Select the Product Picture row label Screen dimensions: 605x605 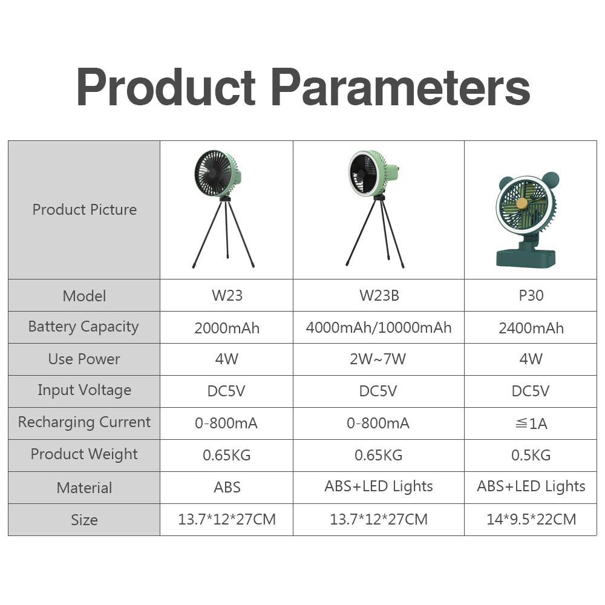click(x=84, y=210)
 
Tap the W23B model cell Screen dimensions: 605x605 click(x=379, y=296)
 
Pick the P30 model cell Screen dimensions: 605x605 click(x=531, y=296)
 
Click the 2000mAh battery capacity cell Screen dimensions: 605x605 click(x=227, y=328)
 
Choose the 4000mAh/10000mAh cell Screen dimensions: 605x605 click(x=379, y=328)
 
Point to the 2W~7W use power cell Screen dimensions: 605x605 click(x=379, y=359)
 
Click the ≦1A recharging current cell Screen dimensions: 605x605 click(x=531, y=423)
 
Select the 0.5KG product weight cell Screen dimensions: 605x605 click(x=531, y=455)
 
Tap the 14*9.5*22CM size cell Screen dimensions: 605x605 click(x=531, y=519)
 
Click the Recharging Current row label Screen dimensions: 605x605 click(x=84, y=422)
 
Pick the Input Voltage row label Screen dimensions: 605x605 click(x=84, y=390)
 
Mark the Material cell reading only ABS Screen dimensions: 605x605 click(x=227, y=487)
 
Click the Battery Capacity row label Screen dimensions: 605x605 click(x=84, y=327)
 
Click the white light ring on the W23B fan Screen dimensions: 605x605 click(x=352, y=175)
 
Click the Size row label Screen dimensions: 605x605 click(x=84, y=520)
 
